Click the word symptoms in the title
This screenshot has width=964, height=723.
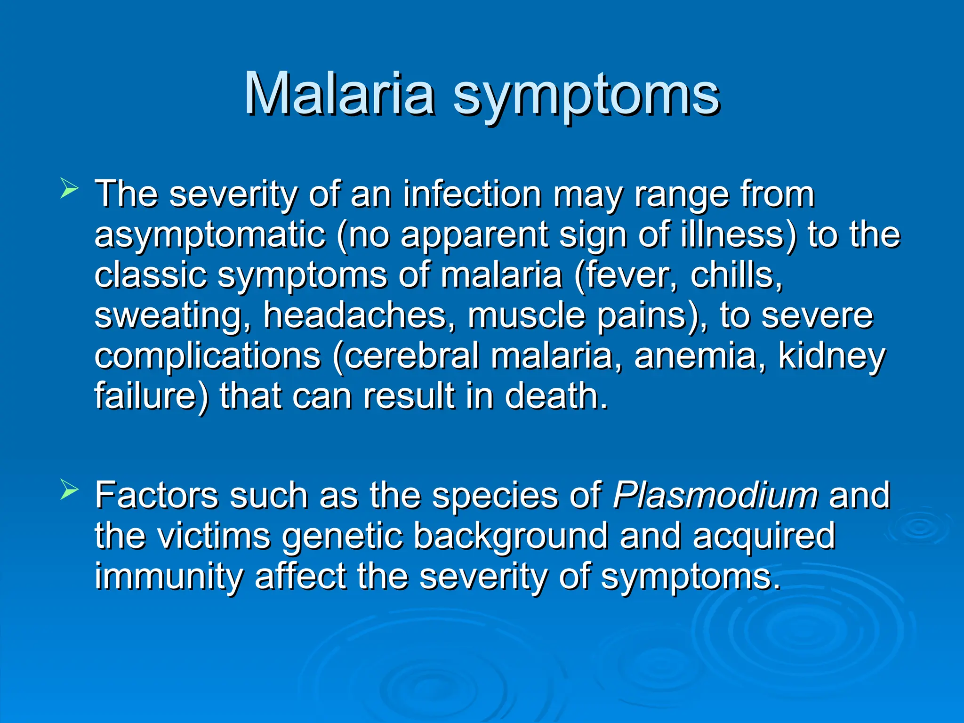click(x=586, y=96)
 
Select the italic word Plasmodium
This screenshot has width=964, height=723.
click(x=715, y=495)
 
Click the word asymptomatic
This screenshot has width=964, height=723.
click(x=210, y=235)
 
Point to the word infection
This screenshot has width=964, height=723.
click(x=472, y=194)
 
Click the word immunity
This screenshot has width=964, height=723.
click(x=169, y=577)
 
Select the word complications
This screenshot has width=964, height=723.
click(x=208, y=357)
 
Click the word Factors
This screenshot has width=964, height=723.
click(x=156, y=495)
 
